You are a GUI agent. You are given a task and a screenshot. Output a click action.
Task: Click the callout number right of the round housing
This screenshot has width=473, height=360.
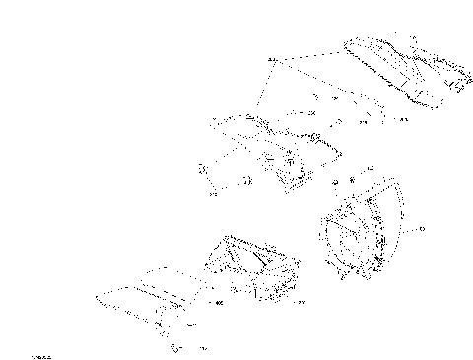tap(421, 229)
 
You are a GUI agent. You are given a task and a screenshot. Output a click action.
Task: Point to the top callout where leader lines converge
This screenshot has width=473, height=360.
tap(272, 60)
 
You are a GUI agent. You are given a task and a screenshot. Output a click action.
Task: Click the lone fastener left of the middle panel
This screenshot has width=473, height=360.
tap(205, 170)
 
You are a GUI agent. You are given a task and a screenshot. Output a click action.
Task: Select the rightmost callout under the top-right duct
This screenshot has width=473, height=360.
tap(403, 119)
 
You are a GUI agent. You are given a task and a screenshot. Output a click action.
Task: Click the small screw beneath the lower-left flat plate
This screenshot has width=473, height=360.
tap(175, 346)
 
